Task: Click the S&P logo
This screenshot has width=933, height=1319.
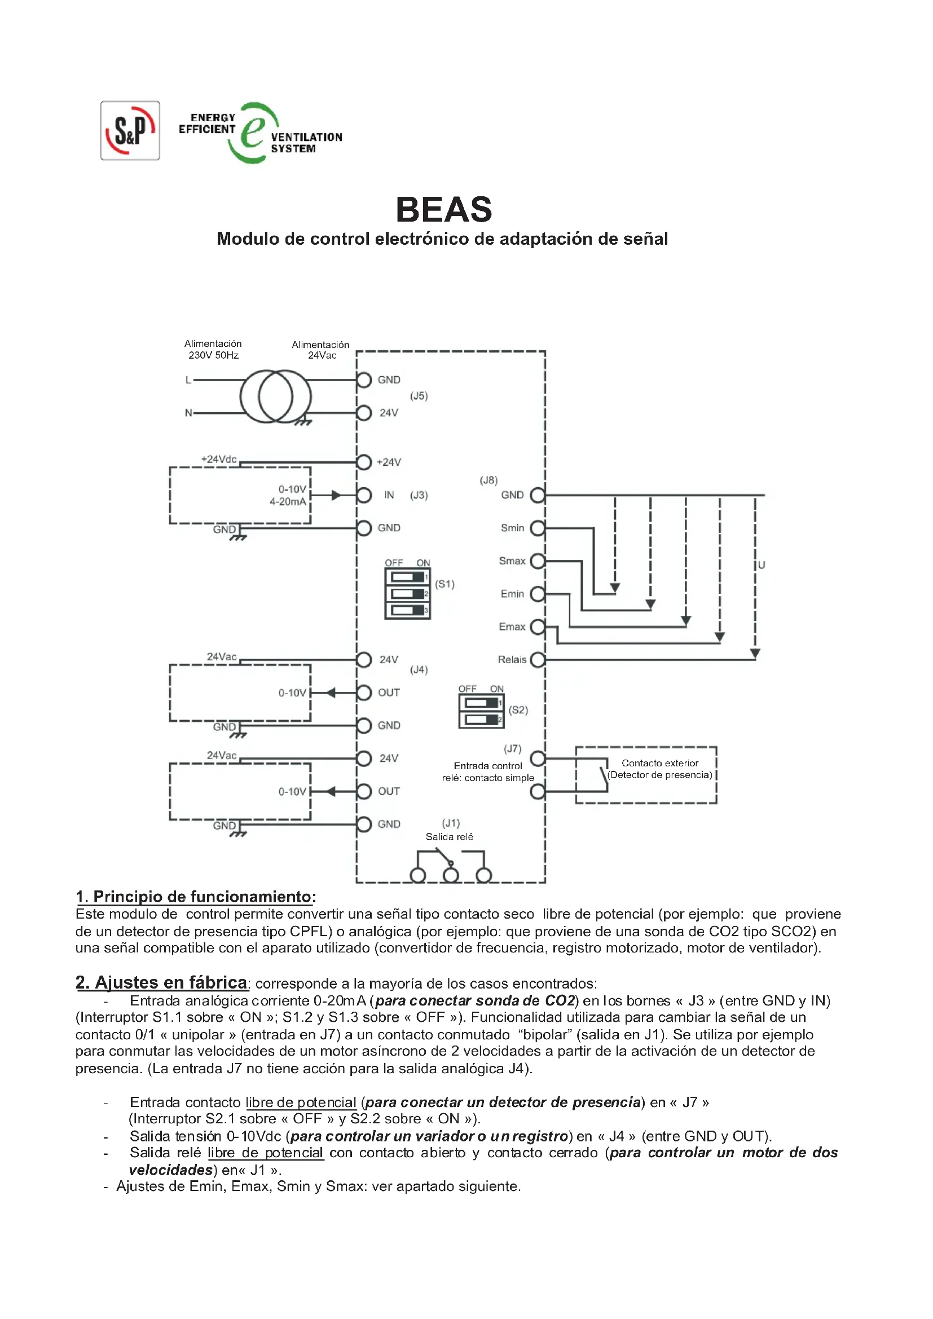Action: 130,130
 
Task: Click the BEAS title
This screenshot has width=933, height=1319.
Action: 443,210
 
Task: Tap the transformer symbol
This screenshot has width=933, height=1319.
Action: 276,396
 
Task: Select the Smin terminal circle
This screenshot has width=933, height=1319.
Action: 537,528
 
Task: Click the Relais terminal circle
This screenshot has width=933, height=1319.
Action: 537,660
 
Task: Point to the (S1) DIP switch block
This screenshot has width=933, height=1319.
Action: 407,593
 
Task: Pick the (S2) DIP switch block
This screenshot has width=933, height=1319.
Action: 481,711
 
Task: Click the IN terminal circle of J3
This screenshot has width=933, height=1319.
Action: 364,495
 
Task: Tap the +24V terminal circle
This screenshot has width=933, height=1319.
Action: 364,462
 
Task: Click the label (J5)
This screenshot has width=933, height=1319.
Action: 419,396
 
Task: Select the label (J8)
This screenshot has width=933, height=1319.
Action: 488,480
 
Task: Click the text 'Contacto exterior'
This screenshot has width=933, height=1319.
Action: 659,763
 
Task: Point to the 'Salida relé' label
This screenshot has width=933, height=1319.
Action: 449,837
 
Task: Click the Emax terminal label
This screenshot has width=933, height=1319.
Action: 512,627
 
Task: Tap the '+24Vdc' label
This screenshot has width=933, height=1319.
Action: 219,459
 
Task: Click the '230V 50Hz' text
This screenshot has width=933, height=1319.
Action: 213,356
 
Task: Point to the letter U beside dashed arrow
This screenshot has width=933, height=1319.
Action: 761,565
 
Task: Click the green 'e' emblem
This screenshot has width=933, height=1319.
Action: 253,133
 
